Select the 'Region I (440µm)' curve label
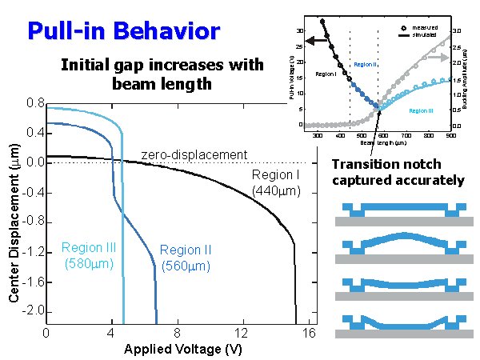pos(275,183)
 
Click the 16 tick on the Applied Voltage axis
pos(308,332)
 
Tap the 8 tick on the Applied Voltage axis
pos(178,332)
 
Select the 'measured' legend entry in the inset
pos(424,28)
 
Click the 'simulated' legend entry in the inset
pos(424,35)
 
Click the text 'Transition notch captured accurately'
pos(398,172)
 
